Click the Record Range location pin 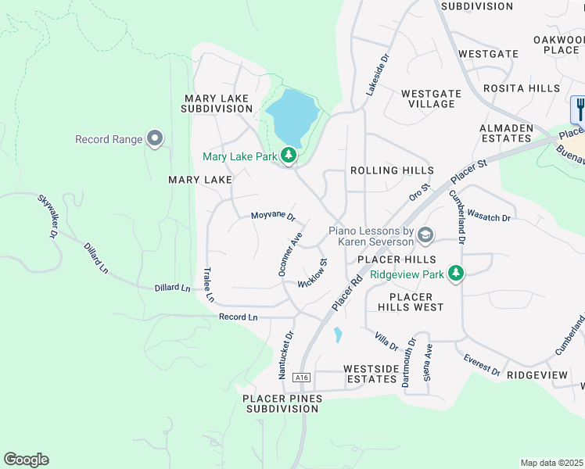155,138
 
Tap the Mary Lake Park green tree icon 289,156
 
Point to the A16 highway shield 302,378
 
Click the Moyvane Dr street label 273,216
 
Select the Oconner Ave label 290,252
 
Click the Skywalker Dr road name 48,217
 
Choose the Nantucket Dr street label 285,355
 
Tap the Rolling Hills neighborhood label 392,170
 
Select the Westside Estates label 371,374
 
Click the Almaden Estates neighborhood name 506,133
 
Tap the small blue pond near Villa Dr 337,335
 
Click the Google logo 26,460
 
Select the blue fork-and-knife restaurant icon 579,108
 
